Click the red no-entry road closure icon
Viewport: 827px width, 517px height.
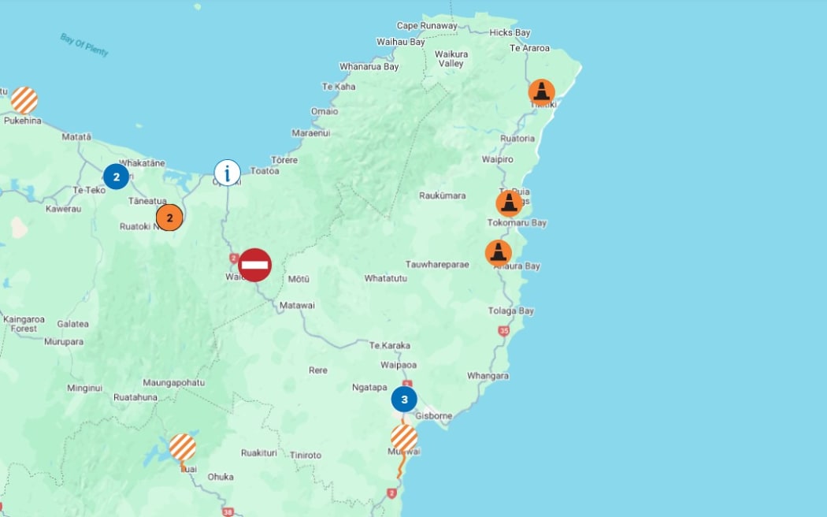pos(254,265)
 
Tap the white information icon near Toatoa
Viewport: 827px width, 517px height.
pos(228,172)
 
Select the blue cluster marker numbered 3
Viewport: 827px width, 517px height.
pos(404,400)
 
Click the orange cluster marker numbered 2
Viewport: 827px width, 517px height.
pos(169,217)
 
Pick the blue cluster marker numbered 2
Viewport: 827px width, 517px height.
pos(116,177)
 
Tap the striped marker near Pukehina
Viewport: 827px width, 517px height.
pos(24,100)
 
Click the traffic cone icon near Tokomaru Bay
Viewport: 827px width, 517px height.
pos(510,203)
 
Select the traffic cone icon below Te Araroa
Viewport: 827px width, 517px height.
pos(541,91)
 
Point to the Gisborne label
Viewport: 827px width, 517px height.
pos(433,416)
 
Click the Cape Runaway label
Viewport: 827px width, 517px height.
pos(427,26)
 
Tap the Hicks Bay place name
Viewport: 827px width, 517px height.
pos(510,33)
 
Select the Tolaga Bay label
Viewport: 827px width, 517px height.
pos(510,311)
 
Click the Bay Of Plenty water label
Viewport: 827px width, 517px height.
pos(83,44)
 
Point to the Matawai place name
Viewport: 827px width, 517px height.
pos(297,305)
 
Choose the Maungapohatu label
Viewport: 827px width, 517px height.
pos(173,383)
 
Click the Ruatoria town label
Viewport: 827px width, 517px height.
pos(517,139)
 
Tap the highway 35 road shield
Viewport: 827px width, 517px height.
pos(504,331)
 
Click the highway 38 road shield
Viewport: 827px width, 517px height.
pos(228,511)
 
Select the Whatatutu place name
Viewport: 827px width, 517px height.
pos(385,278)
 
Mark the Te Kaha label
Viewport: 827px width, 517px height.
pos(339,87)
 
